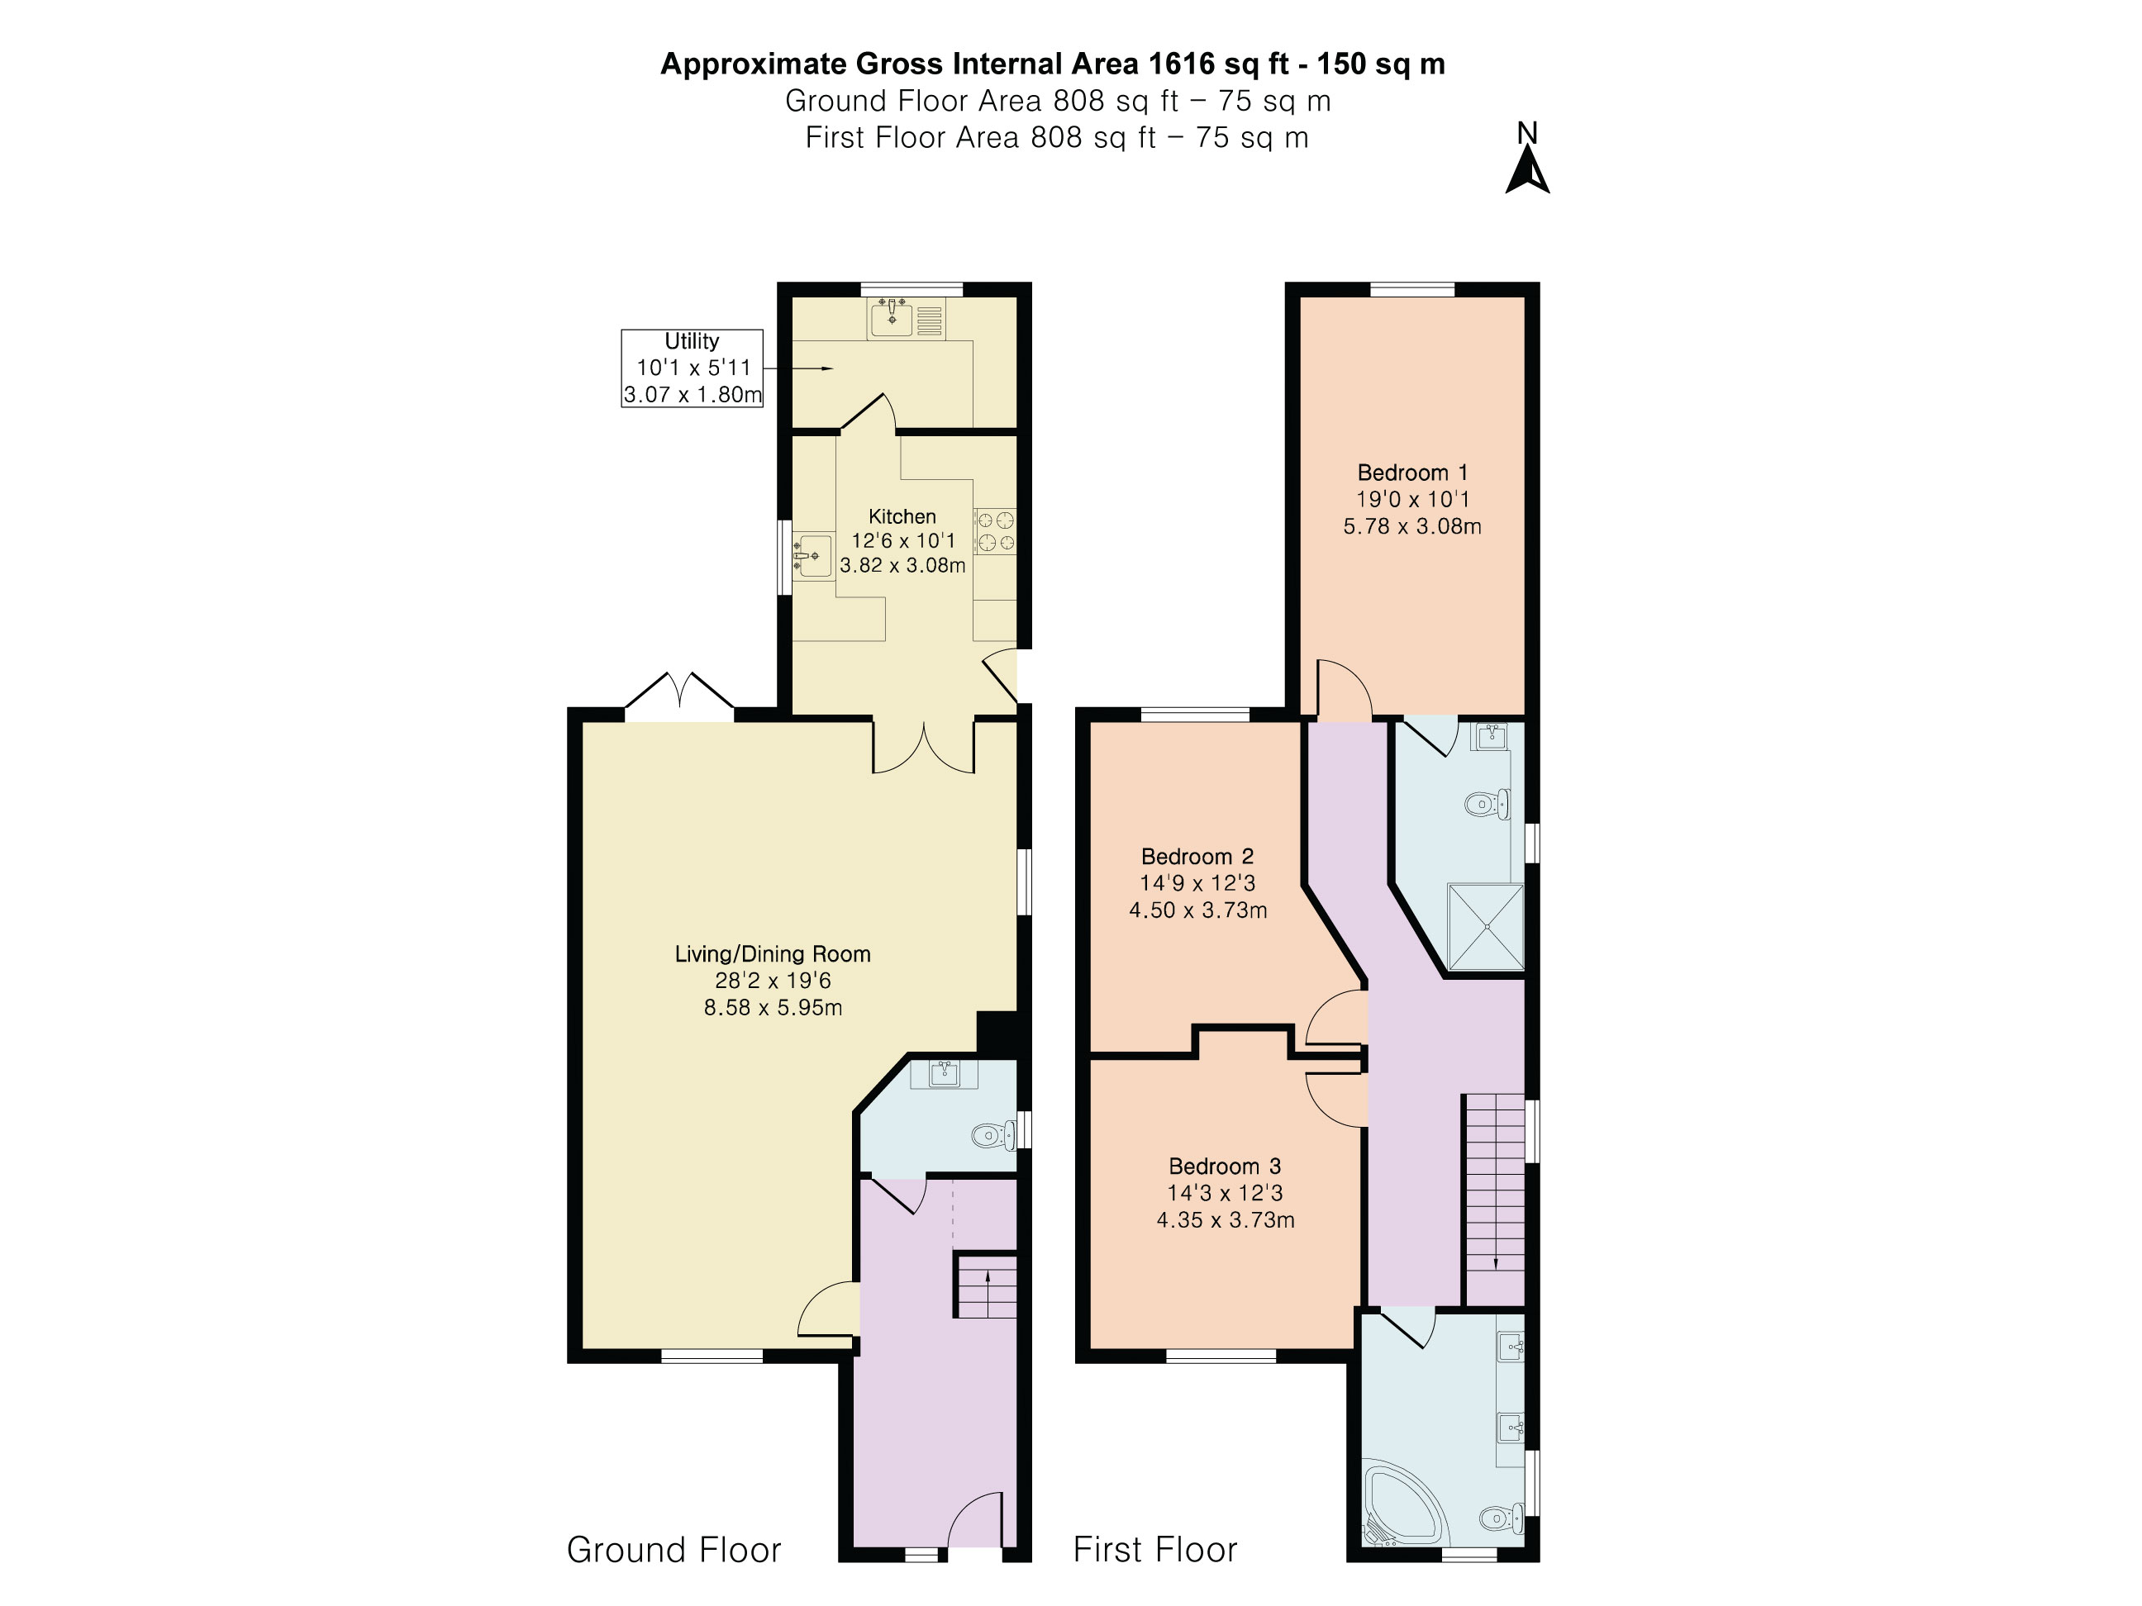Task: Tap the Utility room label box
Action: (692, 368)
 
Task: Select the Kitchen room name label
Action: (902, 516)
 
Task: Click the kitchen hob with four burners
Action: (994, 531)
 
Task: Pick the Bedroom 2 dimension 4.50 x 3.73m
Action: (1198, 910)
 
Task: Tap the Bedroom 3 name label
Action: (1225, 1166)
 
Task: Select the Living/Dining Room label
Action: (773, 953)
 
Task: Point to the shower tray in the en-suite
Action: (1484, 926)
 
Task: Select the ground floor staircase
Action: (987, 1285)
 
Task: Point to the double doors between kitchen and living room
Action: (924, 746)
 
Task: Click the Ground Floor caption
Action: (674, 1550)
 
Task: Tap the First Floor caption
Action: (1155, 1550)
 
